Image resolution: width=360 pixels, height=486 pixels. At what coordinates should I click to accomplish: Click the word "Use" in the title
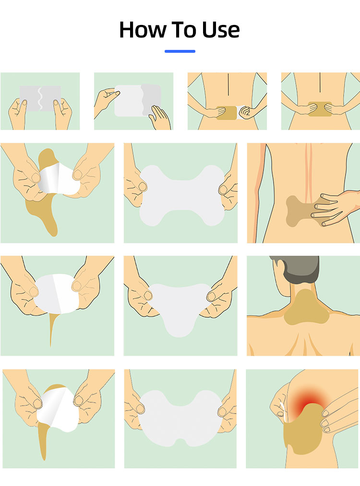[x=221, y=30]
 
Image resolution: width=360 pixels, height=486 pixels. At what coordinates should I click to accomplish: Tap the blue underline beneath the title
[x=180, y=51]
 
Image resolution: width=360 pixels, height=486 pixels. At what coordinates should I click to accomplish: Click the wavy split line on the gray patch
[x=40, y=98]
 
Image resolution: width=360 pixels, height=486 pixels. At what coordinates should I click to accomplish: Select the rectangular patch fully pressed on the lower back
[x=320, y=109]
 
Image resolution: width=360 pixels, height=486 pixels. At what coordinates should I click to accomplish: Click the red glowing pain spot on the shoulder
[x=310, y=400]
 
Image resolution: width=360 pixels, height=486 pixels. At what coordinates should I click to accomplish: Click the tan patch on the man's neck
[x=306, y=308]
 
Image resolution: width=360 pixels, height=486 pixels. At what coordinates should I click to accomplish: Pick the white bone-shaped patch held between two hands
[x=182, y=195]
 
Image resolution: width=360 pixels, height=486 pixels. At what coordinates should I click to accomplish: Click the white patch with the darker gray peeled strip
[x=138, y=100]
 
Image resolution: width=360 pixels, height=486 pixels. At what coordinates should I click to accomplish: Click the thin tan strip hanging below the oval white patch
[x=52, y=329]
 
